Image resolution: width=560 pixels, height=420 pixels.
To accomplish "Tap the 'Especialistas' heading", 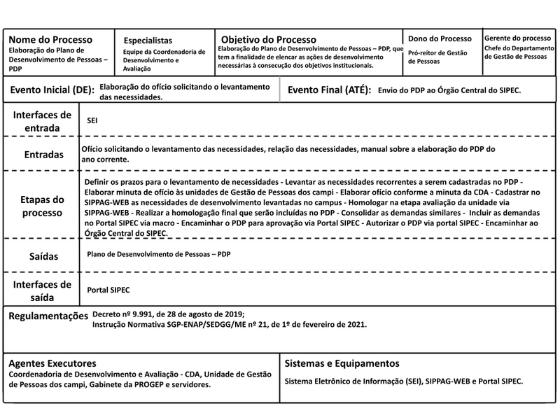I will coord(148,41).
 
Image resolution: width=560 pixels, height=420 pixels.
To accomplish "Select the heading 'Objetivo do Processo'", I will coord(269,39).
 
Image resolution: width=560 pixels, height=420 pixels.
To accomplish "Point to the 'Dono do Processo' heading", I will coord(440,38).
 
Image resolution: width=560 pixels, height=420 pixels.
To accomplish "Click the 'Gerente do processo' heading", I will coord(517,37).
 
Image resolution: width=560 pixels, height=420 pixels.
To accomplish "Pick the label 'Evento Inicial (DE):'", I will coord(51,90).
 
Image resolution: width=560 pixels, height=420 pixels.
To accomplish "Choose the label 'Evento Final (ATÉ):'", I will coord(329,90).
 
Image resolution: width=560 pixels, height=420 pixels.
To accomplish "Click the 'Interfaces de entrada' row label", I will coord(42,121).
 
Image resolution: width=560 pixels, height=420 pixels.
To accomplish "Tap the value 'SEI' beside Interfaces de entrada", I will coord(92,121).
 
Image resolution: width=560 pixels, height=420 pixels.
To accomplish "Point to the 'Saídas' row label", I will coord(43,257).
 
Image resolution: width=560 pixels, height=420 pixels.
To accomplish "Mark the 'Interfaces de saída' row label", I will coord(43,290).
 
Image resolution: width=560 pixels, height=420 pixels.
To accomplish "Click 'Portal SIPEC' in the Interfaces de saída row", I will coord(108,290).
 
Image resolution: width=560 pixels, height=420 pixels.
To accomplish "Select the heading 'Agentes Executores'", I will coord(52,363).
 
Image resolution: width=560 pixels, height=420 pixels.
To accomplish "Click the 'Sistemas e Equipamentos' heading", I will coord(343,363).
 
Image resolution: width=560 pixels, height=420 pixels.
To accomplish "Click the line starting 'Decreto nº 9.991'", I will coord(169,315).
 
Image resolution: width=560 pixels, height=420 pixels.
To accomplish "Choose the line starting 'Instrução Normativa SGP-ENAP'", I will coord(230,325).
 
